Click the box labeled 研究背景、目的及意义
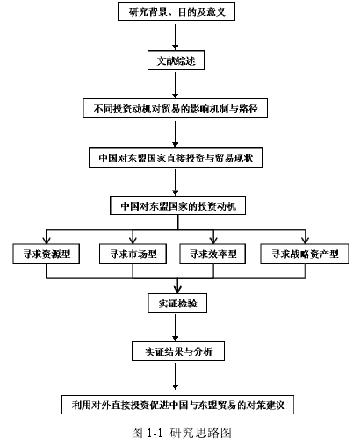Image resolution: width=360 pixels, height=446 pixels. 176,11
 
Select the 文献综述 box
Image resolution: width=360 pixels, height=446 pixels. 176,61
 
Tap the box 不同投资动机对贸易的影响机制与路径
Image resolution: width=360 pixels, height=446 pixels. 175,108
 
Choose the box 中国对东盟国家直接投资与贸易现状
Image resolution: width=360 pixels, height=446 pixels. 176,158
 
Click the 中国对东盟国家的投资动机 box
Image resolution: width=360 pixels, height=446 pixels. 177,205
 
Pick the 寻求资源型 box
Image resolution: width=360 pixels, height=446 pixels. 47,254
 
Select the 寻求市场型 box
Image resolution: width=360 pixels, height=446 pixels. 133,254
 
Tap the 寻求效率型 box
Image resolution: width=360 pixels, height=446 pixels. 212,254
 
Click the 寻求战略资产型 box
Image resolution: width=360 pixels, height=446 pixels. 305,254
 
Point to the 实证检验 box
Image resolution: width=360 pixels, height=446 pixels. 177,303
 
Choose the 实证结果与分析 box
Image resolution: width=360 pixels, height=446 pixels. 178,350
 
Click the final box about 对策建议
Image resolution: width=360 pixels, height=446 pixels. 177,405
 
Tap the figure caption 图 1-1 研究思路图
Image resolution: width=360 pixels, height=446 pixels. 182,433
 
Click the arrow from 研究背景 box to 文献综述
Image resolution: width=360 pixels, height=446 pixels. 176,36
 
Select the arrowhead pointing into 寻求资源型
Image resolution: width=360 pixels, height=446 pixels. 47,241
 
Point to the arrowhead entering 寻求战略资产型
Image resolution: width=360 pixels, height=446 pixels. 306,241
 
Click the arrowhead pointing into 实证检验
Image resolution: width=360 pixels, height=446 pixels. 177,290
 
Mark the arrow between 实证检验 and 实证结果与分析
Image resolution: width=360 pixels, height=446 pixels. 176,327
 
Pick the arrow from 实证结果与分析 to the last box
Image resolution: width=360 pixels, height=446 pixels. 176,375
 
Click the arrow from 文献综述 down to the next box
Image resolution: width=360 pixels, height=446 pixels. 176,84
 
